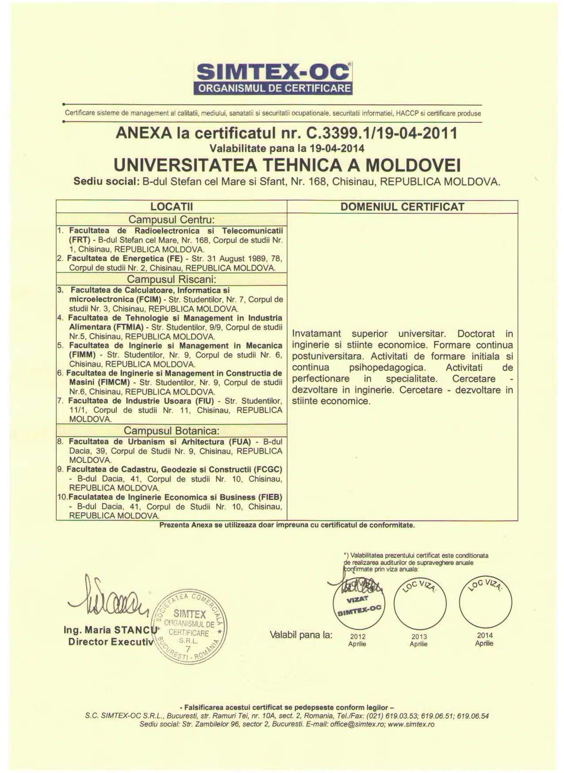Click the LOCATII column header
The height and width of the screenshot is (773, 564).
coord(172,207)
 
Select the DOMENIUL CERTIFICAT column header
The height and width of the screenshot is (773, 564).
coord(402,207)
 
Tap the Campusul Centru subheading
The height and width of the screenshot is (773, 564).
coord(171,220)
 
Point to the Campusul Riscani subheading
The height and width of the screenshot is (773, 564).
coord(171,279)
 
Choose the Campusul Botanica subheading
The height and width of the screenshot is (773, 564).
coord(171,431)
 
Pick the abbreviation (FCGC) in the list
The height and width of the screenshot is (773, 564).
coord(268,470)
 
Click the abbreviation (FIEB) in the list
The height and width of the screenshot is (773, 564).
coord(268,497)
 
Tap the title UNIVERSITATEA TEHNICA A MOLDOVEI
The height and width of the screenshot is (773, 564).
coord(287,165)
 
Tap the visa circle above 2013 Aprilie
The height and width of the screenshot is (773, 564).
coord(420,603)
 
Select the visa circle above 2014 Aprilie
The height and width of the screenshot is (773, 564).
coord(485,602)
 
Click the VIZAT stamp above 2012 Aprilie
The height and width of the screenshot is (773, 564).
coord(358,601)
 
